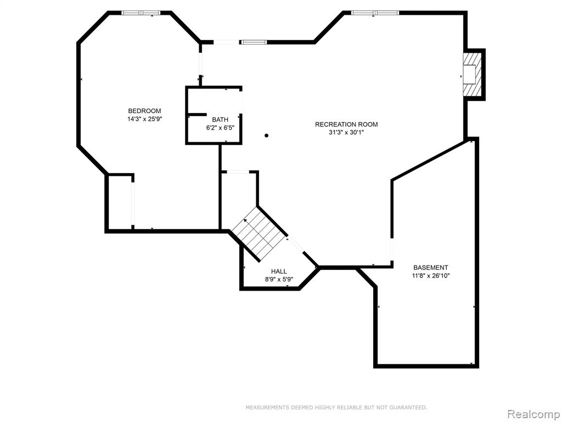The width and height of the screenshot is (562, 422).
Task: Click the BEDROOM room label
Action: coord(144,111)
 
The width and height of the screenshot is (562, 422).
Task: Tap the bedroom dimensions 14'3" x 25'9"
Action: coord(145,119)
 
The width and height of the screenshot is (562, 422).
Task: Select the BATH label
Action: coord(220,119)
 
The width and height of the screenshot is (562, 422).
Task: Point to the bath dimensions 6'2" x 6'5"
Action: coord(220,127)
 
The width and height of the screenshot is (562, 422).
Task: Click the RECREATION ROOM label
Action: coord(346,125)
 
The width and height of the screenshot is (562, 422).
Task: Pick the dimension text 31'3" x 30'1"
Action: coord(346,132)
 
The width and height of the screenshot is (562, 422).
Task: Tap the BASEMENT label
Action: coord(430,268)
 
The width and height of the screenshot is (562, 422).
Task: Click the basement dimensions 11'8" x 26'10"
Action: coord(430,276)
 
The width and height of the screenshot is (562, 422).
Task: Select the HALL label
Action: coord(278,271)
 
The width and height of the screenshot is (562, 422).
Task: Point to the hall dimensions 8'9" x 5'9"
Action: coord(278,280)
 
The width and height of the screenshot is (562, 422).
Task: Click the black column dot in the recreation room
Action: coord(266,135)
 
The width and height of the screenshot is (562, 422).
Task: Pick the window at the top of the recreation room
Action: coord(375,13)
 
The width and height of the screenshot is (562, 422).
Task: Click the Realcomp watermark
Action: coord(533,414)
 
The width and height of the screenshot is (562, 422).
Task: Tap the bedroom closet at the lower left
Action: coord(120,203)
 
